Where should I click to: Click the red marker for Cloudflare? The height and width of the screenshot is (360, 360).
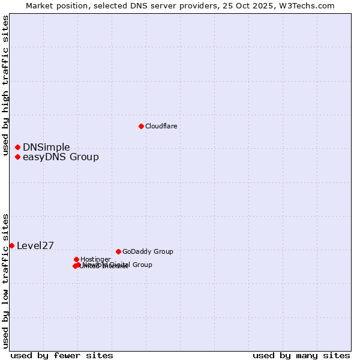click(141, 126)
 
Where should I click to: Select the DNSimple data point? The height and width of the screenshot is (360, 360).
click(18, 147)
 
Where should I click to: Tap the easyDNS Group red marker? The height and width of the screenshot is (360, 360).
click(18, 157)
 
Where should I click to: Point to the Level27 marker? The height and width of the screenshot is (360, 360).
click(11, 245)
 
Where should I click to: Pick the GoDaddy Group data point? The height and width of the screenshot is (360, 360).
click(118, 251)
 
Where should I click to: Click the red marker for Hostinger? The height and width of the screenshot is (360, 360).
click(76, 259)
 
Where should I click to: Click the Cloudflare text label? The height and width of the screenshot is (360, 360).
click(161, 126)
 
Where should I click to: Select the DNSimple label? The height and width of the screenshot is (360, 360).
click(46, 147)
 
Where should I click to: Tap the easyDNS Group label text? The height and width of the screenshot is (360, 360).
click(61, 157)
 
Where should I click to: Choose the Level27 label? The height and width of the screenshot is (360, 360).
click(35, 245)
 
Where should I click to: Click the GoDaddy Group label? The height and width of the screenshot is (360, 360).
click(148, 251)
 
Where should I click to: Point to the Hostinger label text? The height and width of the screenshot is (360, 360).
click(95, 259)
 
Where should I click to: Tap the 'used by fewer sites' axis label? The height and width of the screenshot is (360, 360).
click(62, 355)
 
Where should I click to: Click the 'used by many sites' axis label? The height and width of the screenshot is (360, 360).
click(301, 355)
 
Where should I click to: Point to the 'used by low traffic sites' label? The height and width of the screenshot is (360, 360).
click(6, 281)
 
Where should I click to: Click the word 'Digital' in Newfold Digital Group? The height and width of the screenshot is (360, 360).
click(120, 265)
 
